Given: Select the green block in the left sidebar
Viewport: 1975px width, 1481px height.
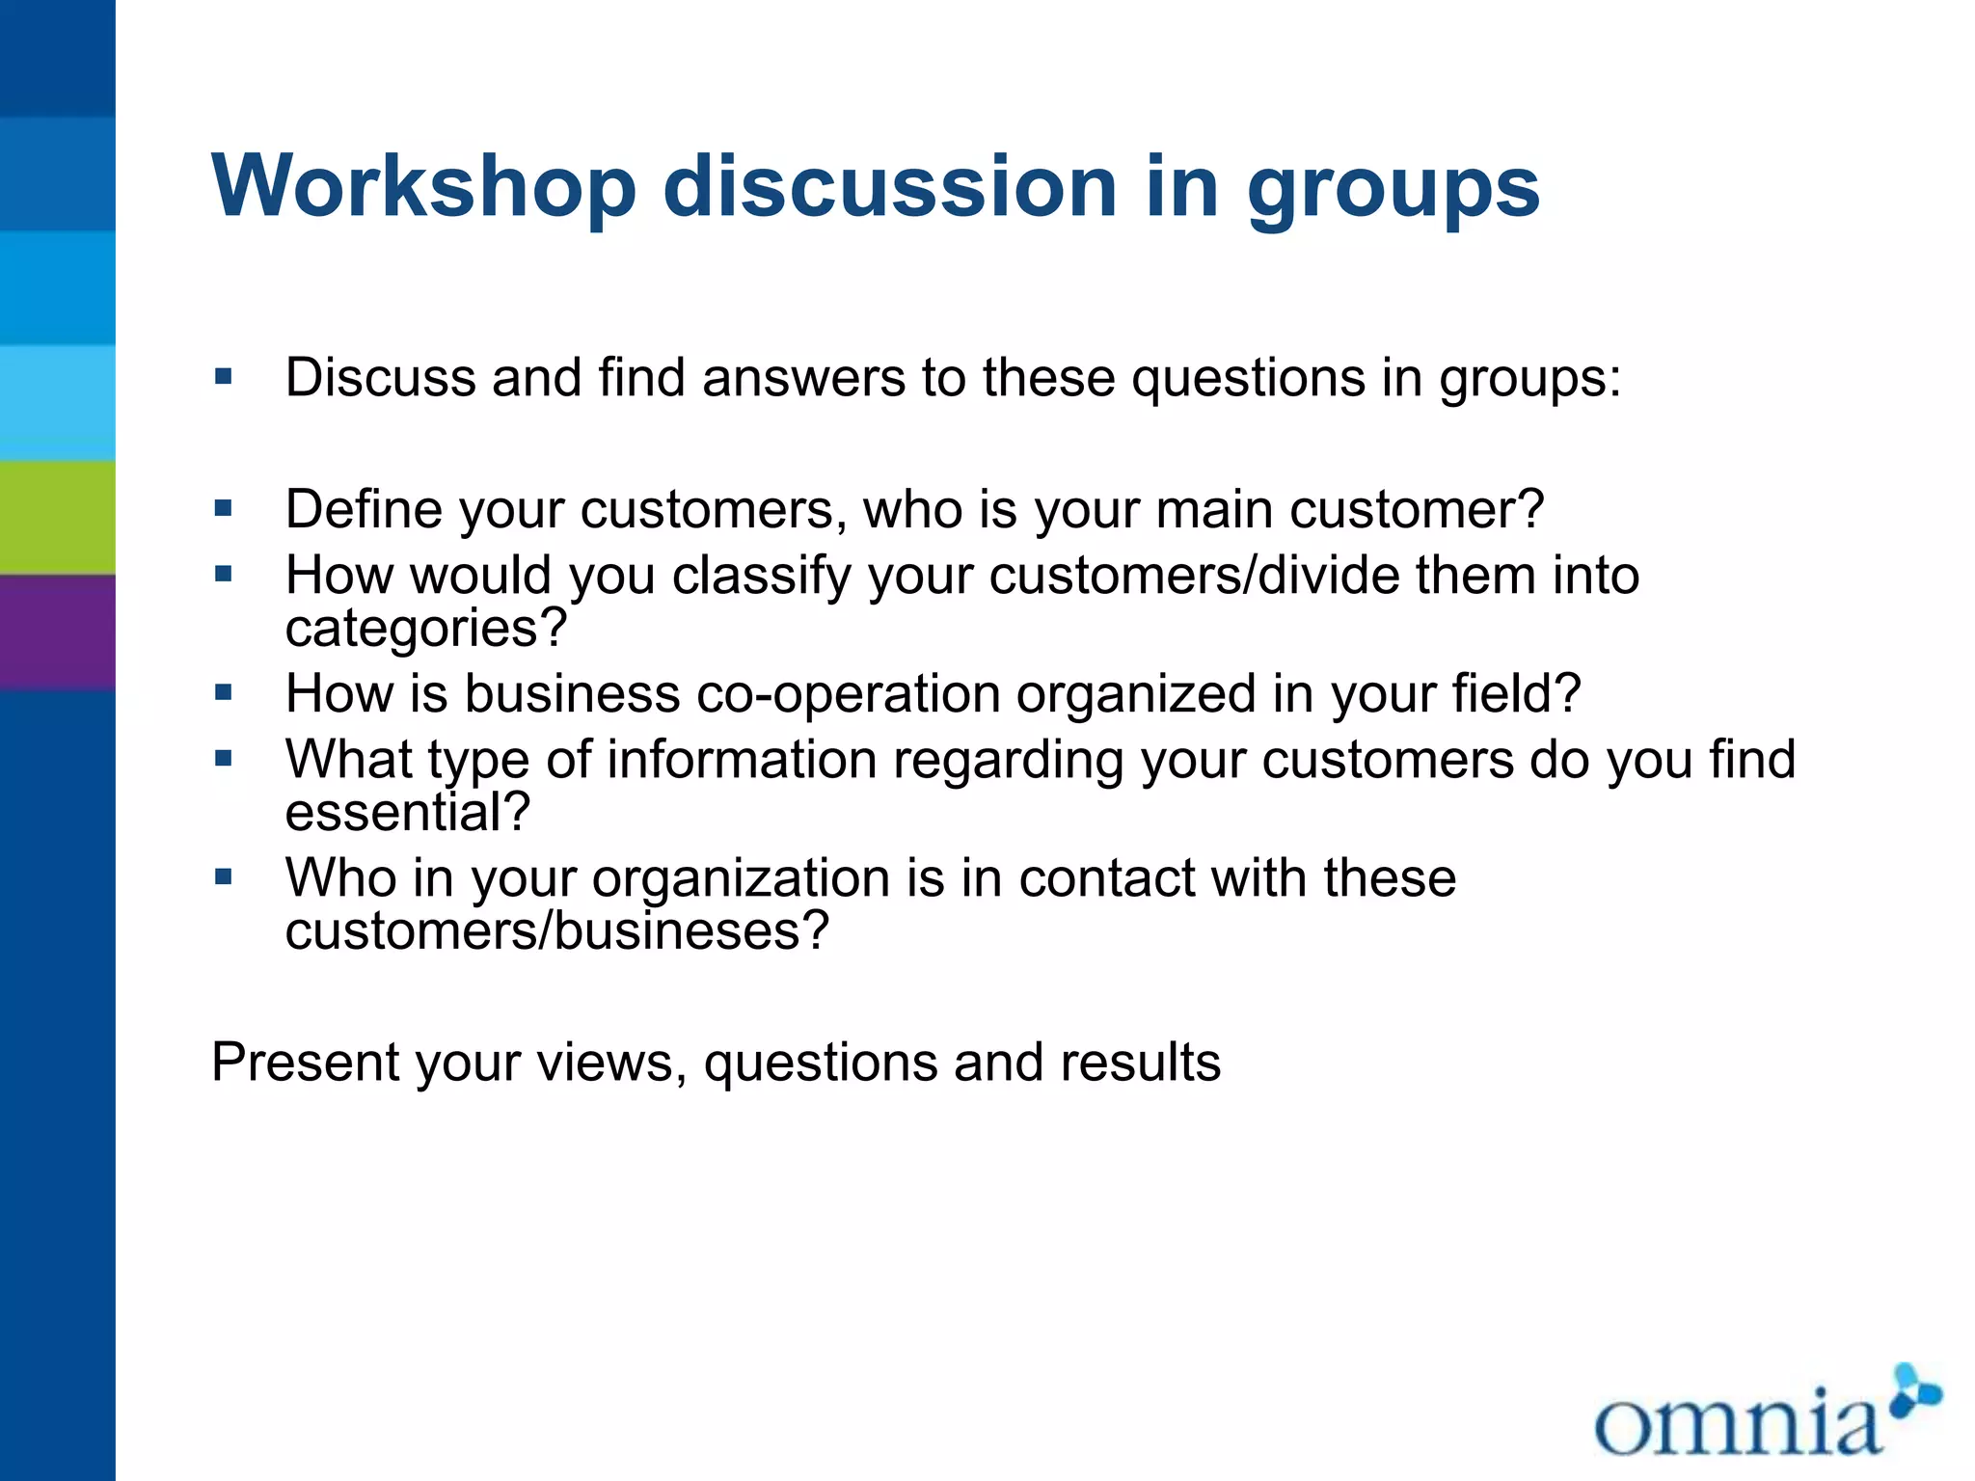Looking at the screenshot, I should pos(57,517).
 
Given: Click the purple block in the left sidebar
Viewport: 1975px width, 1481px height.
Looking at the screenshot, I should pos(57,632).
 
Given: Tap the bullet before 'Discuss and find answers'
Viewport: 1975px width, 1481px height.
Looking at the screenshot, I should pos(224,377).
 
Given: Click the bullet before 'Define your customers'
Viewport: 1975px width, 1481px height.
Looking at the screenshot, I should pos(224,508).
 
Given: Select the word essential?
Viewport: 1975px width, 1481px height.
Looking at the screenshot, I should pos(407,812).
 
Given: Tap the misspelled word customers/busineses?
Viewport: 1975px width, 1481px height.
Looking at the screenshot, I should pos(556,931).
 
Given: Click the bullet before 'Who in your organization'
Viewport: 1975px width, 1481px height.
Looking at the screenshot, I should pos(224,877).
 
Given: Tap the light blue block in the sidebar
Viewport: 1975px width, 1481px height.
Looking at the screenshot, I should pos(57,402).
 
